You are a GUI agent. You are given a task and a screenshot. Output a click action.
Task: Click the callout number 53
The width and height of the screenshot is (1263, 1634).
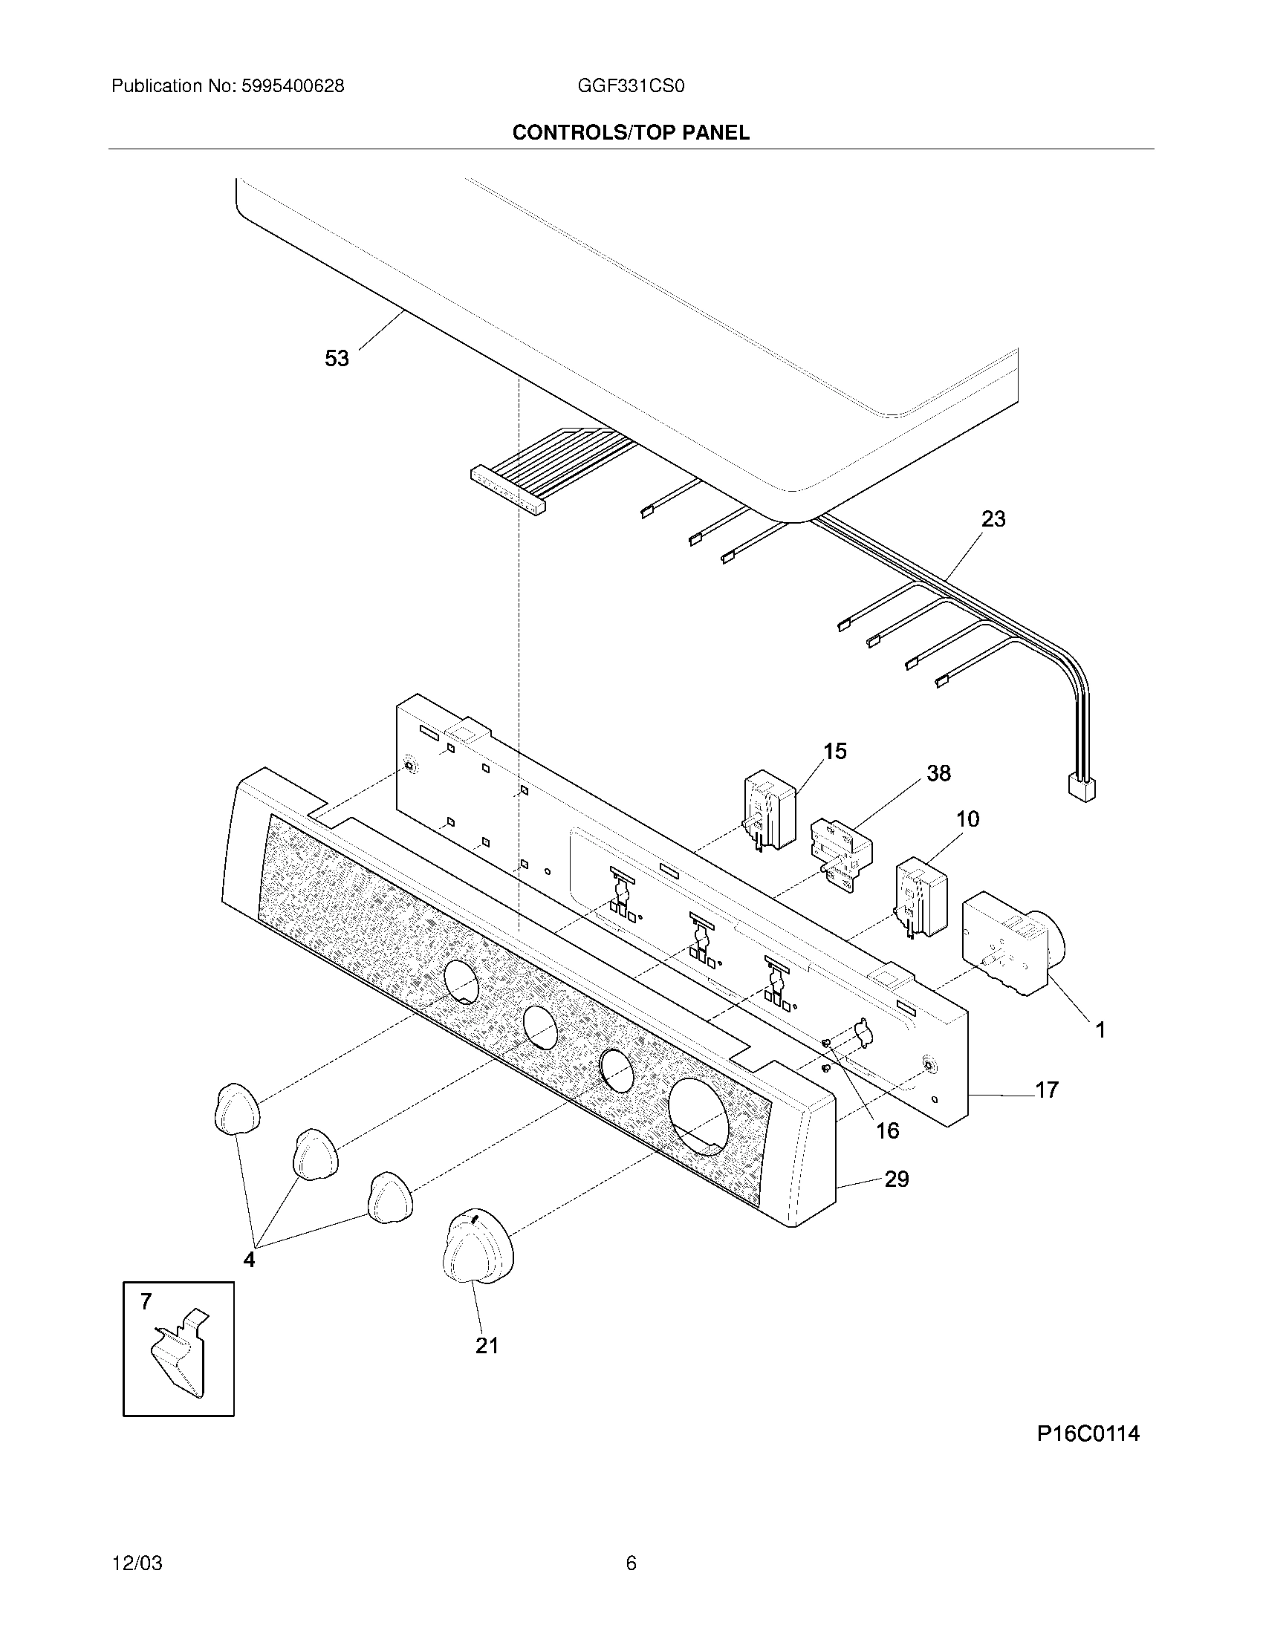(337, 359)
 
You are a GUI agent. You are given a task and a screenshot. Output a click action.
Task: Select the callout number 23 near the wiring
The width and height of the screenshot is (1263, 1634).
(993, 518)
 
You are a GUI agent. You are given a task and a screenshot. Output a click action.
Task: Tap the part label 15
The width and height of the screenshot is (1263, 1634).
(835, 751)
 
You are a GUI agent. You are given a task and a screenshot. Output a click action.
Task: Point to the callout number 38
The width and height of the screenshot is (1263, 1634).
(938, 773)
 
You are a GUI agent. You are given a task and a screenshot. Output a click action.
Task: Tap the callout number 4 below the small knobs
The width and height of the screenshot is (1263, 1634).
(249, 1260)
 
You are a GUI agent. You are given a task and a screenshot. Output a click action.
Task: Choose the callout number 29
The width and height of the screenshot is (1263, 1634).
(897, 1179)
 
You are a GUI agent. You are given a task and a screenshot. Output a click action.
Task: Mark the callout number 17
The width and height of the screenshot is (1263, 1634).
(1046, 1090)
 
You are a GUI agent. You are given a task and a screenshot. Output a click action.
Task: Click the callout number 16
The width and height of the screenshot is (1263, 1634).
(887, 1130)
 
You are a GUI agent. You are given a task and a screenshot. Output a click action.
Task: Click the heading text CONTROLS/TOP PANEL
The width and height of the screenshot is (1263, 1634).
(631, 132)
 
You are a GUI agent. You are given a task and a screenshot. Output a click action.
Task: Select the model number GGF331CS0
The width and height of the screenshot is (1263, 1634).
(631, 86)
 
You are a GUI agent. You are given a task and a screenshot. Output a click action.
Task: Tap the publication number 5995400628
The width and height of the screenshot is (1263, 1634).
(292, 86)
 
